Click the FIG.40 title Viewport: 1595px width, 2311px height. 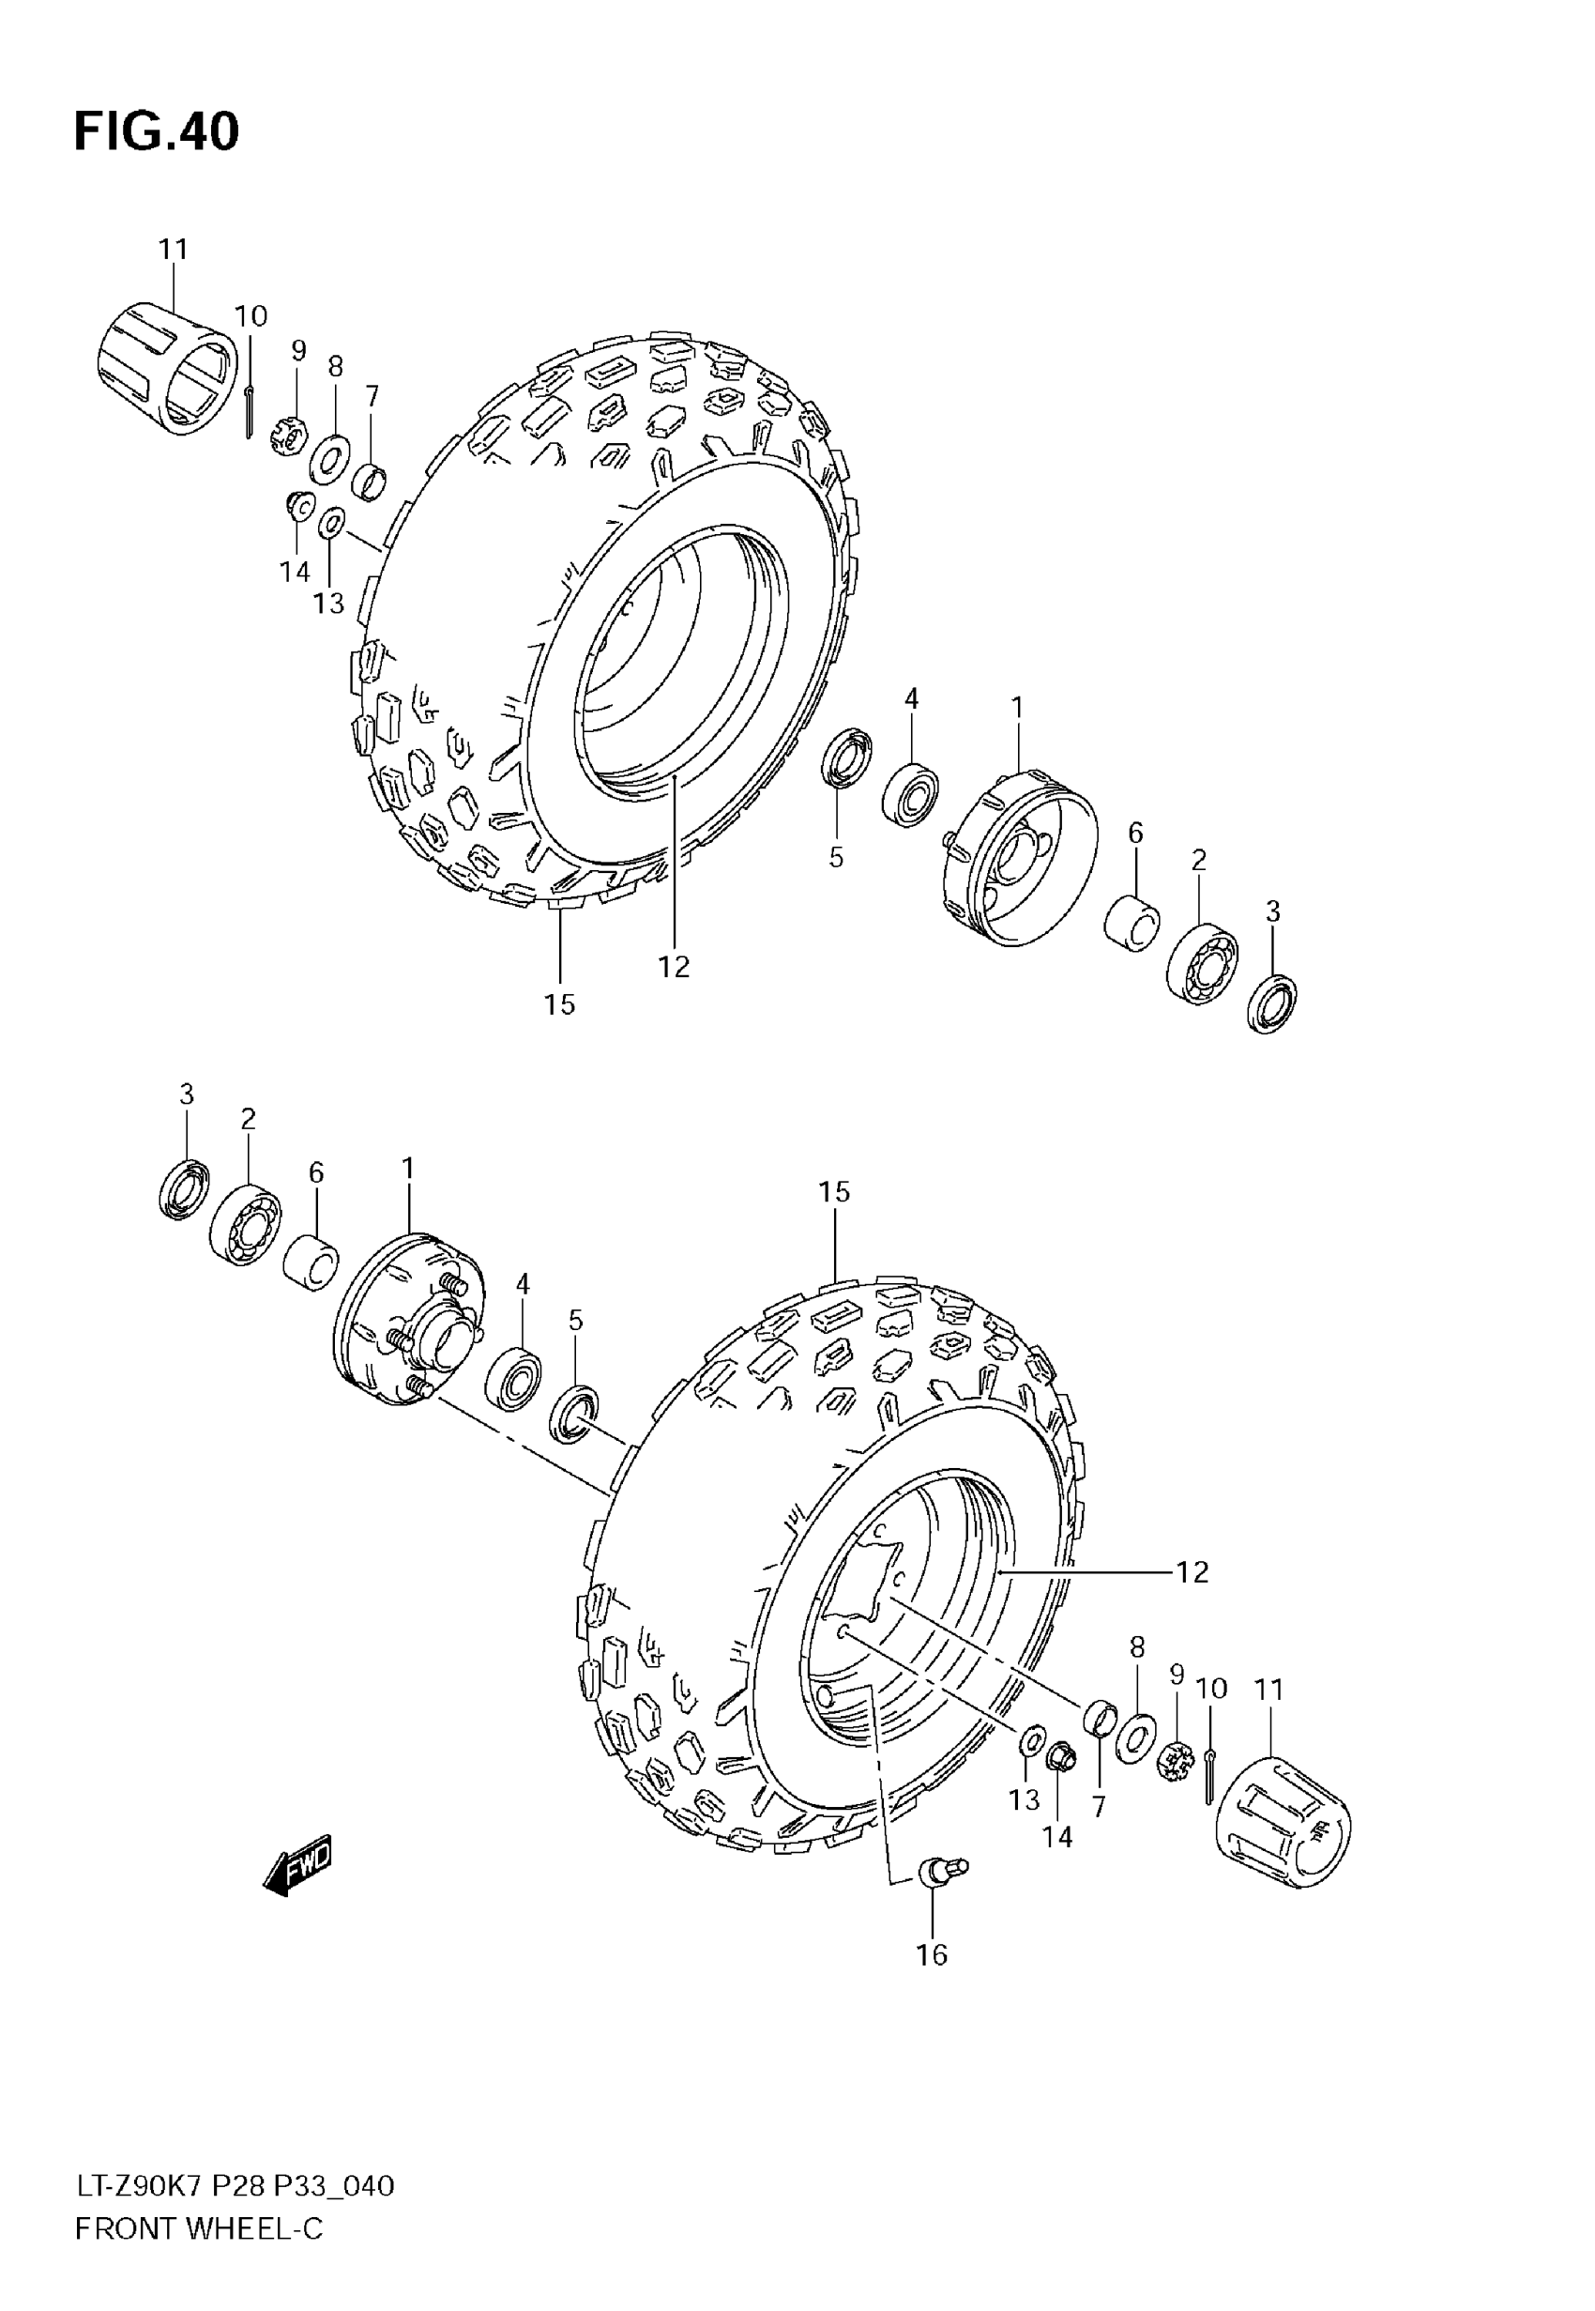(157, 132)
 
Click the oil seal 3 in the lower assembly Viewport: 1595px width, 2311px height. (184, 1188)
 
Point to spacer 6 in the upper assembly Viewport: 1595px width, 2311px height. (1132, 922)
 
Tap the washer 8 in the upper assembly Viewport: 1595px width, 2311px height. (328, 459)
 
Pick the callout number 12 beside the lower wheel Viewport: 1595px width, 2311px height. (1192, 1572)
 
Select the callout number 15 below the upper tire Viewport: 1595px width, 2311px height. (559, 1003)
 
